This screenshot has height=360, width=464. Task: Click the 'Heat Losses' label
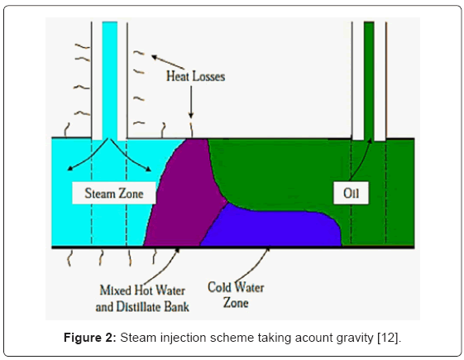point(196,76)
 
